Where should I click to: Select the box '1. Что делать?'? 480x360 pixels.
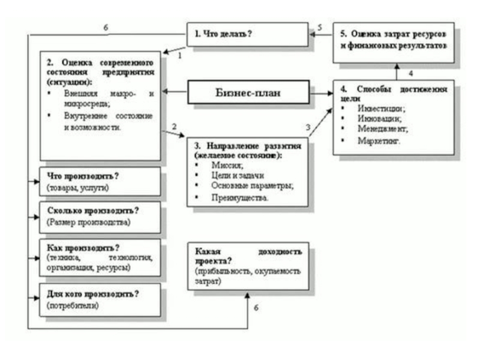coord(247,35)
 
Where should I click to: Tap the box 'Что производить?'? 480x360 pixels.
coord(100,181)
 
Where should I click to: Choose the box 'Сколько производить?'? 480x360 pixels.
coord(100,217)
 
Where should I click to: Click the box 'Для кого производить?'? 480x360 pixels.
coord(100,299)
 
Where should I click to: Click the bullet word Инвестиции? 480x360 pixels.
coord(380,109)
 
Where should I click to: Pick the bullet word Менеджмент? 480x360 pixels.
coord(383,130)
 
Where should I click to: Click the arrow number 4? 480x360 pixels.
coord(410,73)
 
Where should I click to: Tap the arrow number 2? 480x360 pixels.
coord(173,127)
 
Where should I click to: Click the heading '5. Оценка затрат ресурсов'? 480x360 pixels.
coord(394,35)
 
